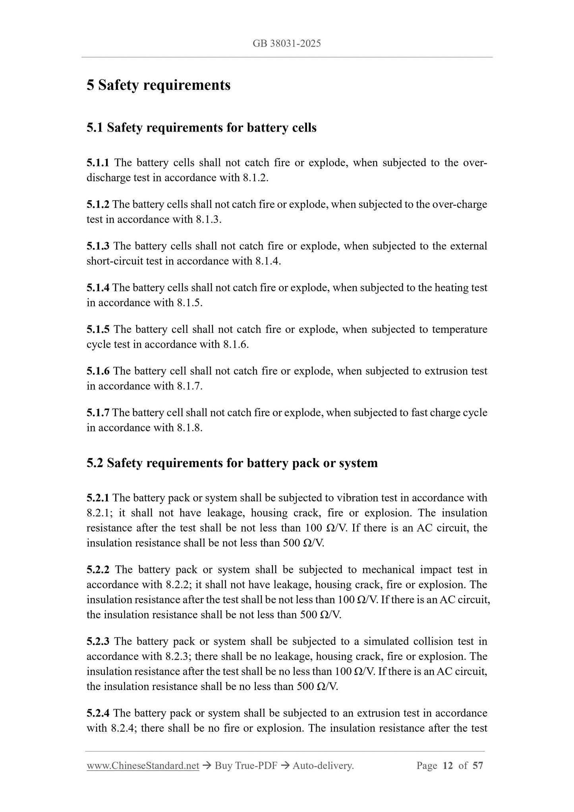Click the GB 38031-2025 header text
point(286,43)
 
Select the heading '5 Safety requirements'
point(158,85)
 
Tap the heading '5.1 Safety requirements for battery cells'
point(201,128)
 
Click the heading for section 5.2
point(232,463)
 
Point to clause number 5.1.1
point(98,163)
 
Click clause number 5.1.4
point(98,288)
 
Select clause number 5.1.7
point(98,412)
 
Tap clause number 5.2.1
point(98,498)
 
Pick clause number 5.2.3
point(98,642)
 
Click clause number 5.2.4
point(98,713)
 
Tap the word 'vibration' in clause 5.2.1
point(356,498)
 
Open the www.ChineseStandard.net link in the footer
point(143,766)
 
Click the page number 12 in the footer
point(448,766)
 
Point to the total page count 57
point(477,766)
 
